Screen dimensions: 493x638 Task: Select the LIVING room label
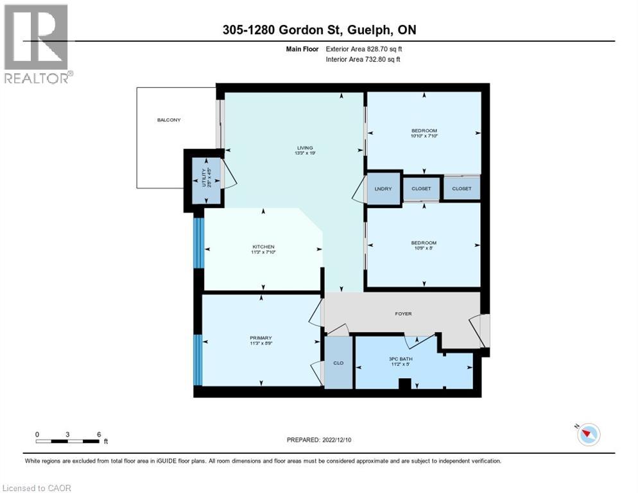point(296,146)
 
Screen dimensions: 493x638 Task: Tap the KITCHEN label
point(263,246)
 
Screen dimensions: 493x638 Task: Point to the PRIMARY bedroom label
point(261,338)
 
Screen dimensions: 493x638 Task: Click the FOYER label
point(403,313)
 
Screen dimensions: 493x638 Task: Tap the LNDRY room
point(383,189)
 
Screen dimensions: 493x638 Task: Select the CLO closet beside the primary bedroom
point(338,363)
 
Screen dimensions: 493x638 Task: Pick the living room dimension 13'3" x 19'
point(296,153)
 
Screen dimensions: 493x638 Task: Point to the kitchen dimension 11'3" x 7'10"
point(263,253)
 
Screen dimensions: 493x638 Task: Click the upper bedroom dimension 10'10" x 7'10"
point(424,137)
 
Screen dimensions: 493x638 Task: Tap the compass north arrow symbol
point(588,435)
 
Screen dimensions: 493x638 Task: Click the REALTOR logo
point(37,44)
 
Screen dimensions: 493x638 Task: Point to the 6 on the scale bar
point(99,434)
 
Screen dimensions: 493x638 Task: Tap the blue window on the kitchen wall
point(199,243)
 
